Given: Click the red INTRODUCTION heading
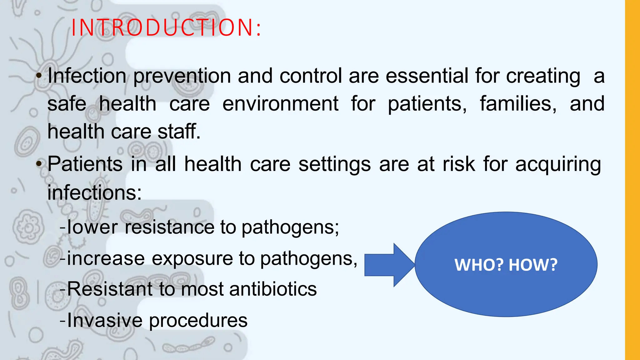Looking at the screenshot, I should point(166,28).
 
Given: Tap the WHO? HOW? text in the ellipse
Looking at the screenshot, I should point(506,265).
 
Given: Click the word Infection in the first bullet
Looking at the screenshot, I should point(87,76).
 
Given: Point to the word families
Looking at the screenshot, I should point(518,104).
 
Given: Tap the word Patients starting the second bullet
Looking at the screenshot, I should point(85,164).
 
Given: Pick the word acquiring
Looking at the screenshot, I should point(558,165).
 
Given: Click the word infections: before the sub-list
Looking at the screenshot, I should point(94,192).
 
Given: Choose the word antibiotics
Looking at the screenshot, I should point(273,289).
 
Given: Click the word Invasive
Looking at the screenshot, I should point(105,320).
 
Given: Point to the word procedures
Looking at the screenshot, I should point(198,321).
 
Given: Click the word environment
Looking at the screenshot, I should point(280,104).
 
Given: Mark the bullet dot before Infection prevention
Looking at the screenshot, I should point(39,76).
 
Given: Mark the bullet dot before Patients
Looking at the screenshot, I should point(39,164).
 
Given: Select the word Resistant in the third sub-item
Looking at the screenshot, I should point(109,289).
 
